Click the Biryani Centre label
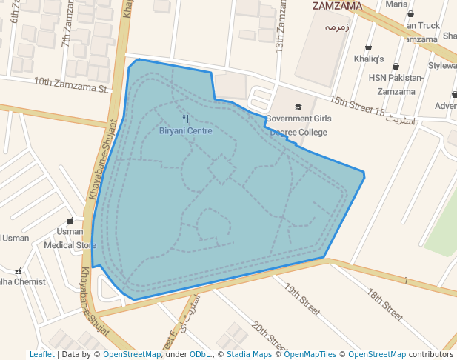185,130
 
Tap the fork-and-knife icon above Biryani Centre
185,119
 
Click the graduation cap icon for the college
298,107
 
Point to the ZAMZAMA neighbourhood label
337,6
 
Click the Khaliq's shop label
369,58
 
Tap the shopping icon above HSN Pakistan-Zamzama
396,67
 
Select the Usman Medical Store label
70,238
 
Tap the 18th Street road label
385,304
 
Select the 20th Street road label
268,336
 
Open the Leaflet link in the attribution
41,355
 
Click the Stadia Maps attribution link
249,355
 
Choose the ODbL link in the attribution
200,355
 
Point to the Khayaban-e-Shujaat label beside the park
103,159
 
